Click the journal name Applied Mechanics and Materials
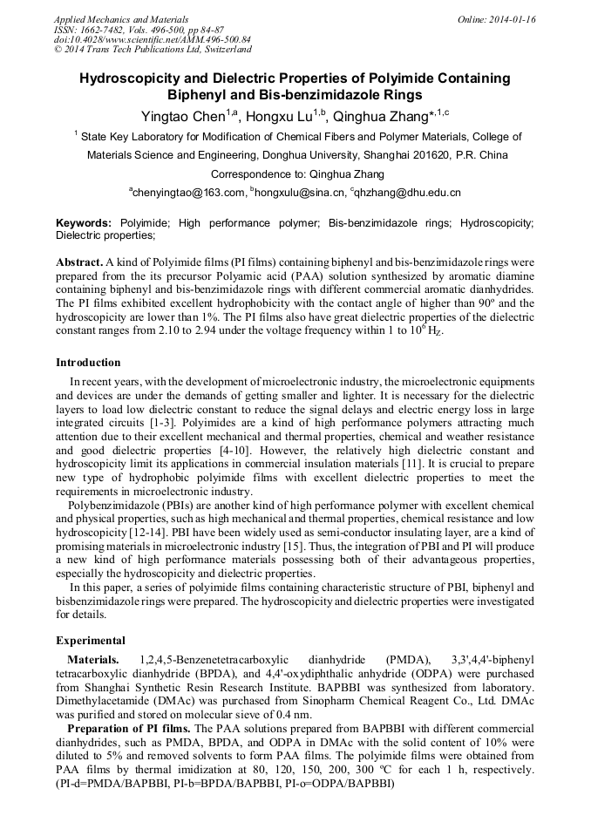(111, 19)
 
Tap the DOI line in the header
(153, 39)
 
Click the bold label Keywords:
(84, 224)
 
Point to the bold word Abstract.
(79, 262)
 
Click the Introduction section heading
(88, 363)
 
